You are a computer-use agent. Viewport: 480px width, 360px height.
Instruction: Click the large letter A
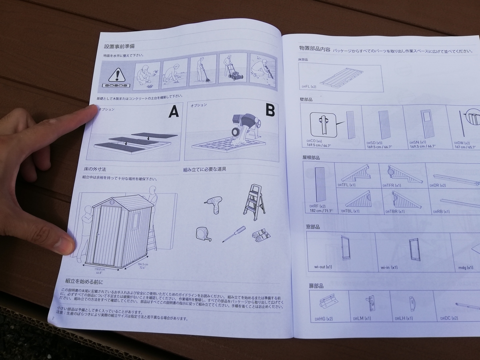pyautogui.click(x=173, y=112)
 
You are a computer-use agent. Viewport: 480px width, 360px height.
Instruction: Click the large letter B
pyautogui.click(x=270, y=110)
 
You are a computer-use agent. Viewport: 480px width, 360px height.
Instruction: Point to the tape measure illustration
pyautogui.click(x=203, y=234)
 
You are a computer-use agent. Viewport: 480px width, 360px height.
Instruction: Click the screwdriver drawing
pyautogui.click(x=234, y=234)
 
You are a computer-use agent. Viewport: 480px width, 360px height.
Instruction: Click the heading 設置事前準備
pyautogui.click(x=119, y=46)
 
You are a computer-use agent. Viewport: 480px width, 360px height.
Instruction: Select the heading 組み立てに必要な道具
pyautogui.click(x=204, y=169)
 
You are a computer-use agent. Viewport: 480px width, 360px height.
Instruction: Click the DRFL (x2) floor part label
pyautogui.click(x=309, y=86)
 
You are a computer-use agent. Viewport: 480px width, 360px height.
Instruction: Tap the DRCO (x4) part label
pyautogui.click(x=314, y=141)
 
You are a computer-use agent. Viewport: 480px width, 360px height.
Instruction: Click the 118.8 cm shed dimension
pyautogui.click(x=100, y=269)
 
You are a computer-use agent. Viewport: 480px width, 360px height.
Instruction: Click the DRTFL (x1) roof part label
pyautogui.click(x=346, y=185)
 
